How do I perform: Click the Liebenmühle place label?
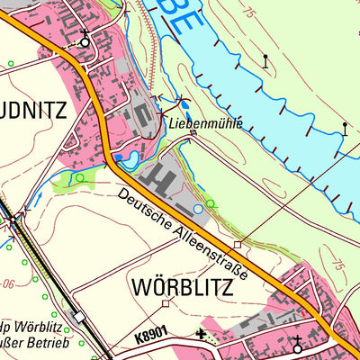pyautogui.click(x=205, y=123)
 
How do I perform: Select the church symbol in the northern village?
pyautogui.click(x=85, y=37)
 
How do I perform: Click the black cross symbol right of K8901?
pyautogui.click(x=200, y=335)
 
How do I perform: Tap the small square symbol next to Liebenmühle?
pyautogui.click(x=193, y=135)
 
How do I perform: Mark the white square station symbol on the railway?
pyautogui.click(x=80, y=316)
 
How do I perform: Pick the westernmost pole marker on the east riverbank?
pyautogui.click(x=265, y=61)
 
